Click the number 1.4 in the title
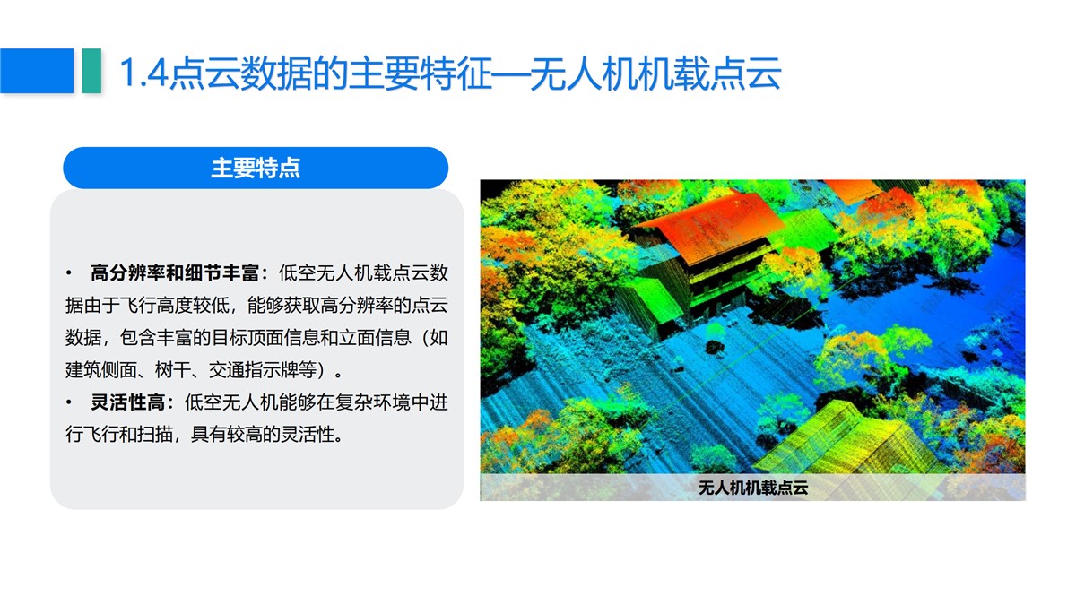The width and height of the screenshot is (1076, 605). (143, 73)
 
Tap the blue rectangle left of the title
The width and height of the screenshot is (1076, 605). (37, 71)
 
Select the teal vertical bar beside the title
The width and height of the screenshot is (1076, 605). (91, 71)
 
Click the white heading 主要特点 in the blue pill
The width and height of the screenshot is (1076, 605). (256, 169)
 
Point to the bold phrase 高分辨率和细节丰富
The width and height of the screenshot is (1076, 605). (174, 273)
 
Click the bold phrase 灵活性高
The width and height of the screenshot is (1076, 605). (127, 402)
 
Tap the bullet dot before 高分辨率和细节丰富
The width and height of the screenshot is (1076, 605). (69, 273)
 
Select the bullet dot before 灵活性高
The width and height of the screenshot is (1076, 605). (69, 402)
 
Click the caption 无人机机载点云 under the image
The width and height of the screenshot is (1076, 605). (752, 488)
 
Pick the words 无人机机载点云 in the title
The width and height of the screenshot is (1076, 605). (655, 73)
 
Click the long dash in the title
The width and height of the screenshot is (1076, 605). (511, 73)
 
